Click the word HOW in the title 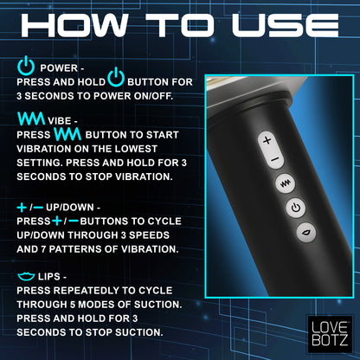pos(74,25)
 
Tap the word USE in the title pos(286,25)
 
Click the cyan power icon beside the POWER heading pos(26,65)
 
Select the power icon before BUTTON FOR pos(116,77)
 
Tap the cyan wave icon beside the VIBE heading pos(31,119)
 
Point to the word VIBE pos(60,121)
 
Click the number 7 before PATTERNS pos(43,249)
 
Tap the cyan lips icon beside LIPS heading pos(26,276)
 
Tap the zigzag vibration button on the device pos(285,183)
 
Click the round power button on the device pos(296,208)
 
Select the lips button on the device pos(306,232)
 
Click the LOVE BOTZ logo pos(330,334)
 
